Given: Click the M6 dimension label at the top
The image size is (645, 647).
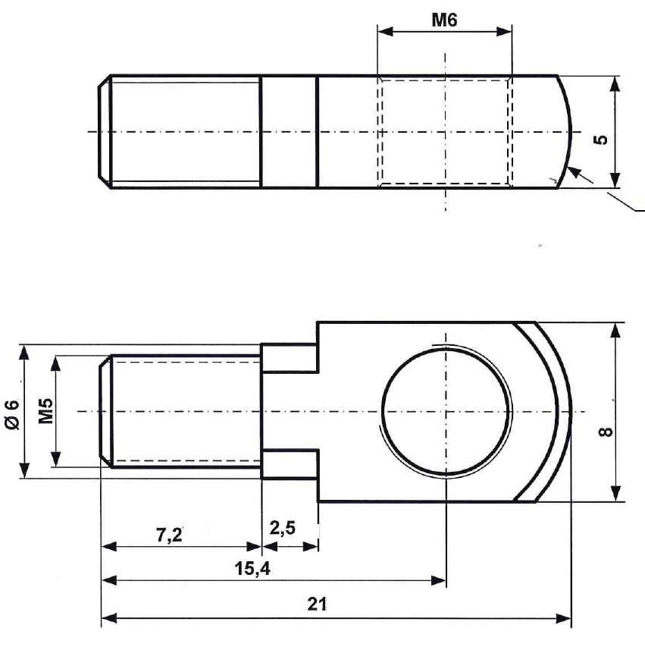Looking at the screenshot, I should (444, 20).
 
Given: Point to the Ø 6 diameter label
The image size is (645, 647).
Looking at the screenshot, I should (11, 414).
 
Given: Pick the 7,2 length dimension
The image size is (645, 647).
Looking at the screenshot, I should (169, 535).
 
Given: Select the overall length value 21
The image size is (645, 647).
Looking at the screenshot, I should (318, 605).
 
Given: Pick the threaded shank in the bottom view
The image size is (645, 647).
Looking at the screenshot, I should (182, 412).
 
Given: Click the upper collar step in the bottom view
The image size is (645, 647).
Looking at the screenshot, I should (289, 358).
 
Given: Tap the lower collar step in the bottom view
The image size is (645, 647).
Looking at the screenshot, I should (289, 464).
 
